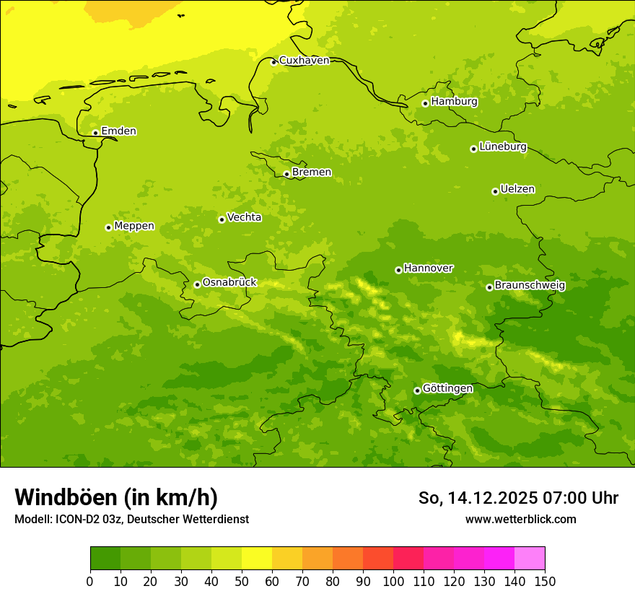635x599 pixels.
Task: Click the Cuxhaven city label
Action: pos(304,61)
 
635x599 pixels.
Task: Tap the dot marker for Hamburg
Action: pos(426,103)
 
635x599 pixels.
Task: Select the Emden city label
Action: pos(118,131)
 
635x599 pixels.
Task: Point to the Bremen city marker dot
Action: pos(286,174)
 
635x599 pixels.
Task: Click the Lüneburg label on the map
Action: pos(502,147)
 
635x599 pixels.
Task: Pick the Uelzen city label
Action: pos(517,189)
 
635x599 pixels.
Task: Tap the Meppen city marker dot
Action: pos(108,227)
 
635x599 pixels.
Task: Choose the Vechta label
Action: pos(244,217)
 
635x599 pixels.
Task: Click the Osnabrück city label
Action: pos(229,282)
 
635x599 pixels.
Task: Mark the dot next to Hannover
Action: pos(398,270)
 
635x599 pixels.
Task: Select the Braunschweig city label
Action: pos(530,285)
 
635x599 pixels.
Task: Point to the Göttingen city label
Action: pos(447,388)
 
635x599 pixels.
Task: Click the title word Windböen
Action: pos(66,497)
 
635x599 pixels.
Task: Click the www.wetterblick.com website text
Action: pos(520,519)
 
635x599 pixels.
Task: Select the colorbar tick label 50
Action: pos(242,581)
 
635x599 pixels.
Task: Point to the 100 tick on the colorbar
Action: pos(393,581)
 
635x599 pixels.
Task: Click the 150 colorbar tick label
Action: pos(545,581)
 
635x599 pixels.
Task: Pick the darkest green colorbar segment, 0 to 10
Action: pos(105,559)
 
